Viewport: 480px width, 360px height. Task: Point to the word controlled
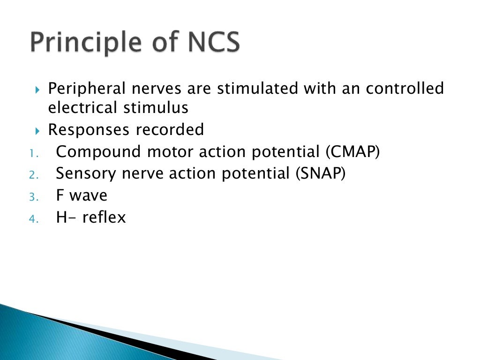(x=405, y=88)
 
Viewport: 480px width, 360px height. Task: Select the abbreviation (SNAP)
(x=321, y=174)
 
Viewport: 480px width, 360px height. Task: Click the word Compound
(x=98, y=152)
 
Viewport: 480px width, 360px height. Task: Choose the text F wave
(x=81, y=195)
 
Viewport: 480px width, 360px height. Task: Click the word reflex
(x=104, y=217)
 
